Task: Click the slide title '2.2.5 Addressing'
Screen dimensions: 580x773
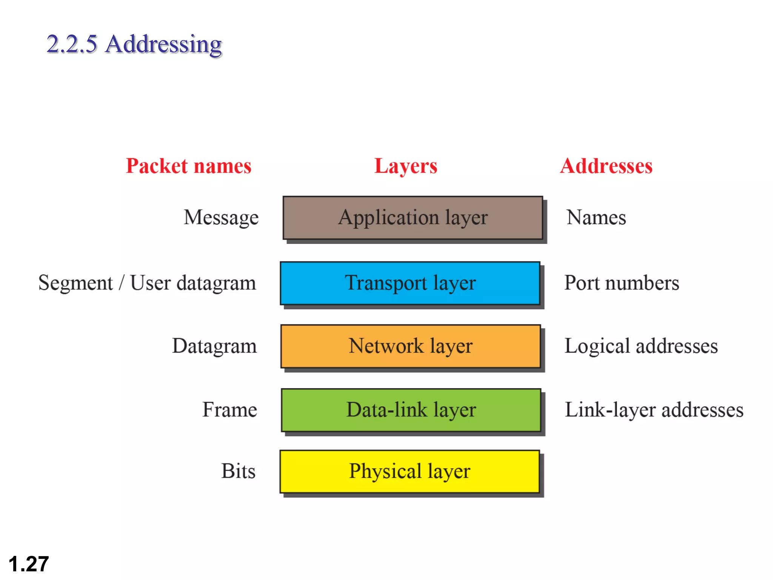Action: (x=134, y=44)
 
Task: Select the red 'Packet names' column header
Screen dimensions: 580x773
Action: (x=188, y=166)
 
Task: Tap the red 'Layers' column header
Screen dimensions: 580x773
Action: (x=406, y=166)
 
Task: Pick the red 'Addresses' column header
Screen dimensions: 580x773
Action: (x=606, y=166)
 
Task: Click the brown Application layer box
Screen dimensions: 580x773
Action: (x=413, y=218)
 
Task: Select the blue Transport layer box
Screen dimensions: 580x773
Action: (x=410, y=283)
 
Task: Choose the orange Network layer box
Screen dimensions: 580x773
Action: (x=411, y=346)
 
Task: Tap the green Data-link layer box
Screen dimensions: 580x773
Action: (x=411, y=410)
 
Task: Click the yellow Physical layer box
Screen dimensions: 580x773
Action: (x=410, y=471)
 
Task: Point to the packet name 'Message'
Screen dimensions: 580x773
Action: (x=221, y=218)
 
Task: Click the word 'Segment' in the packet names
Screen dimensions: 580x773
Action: (x=75, y=283)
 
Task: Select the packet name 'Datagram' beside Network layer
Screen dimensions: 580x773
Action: (x=214, y=346)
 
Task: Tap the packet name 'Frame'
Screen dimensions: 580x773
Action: (x=229, y=410)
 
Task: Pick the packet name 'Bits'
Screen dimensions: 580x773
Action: (x=238, y=471)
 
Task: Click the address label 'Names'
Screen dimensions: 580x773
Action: (x=596, y=218)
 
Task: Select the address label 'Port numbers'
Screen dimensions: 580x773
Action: (x=621, y=283)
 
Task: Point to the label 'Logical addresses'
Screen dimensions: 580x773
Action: (x=641, y=346)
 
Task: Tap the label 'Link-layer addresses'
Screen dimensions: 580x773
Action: (x=654, y=410)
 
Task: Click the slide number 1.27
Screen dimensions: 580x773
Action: (x=29, y=564)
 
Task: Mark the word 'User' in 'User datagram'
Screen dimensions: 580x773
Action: (x=150, y=283)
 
